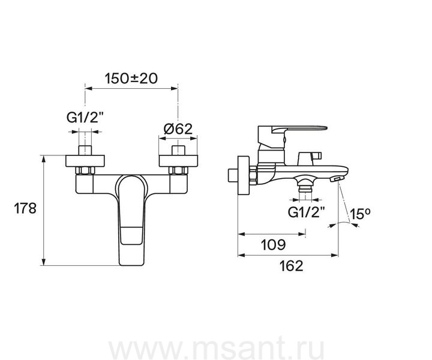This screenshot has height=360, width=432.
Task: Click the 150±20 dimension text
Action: coord(131,79)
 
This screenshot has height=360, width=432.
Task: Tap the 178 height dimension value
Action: coord(25,208)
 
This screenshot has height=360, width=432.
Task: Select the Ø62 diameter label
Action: coord(178,128)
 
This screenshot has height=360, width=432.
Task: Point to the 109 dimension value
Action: coord(274,245)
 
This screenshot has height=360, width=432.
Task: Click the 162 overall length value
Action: coord(291,266)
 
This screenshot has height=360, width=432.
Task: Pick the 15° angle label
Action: coord(361,214)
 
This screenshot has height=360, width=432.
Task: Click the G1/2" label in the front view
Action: coord(85,118)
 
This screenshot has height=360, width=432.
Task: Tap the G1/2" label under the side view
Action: coord(306,212)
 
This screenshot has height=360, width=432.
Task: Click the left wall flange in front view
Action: coord(85,161)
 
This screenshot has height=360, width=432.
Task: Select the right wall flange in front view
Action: coord(179,161)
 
